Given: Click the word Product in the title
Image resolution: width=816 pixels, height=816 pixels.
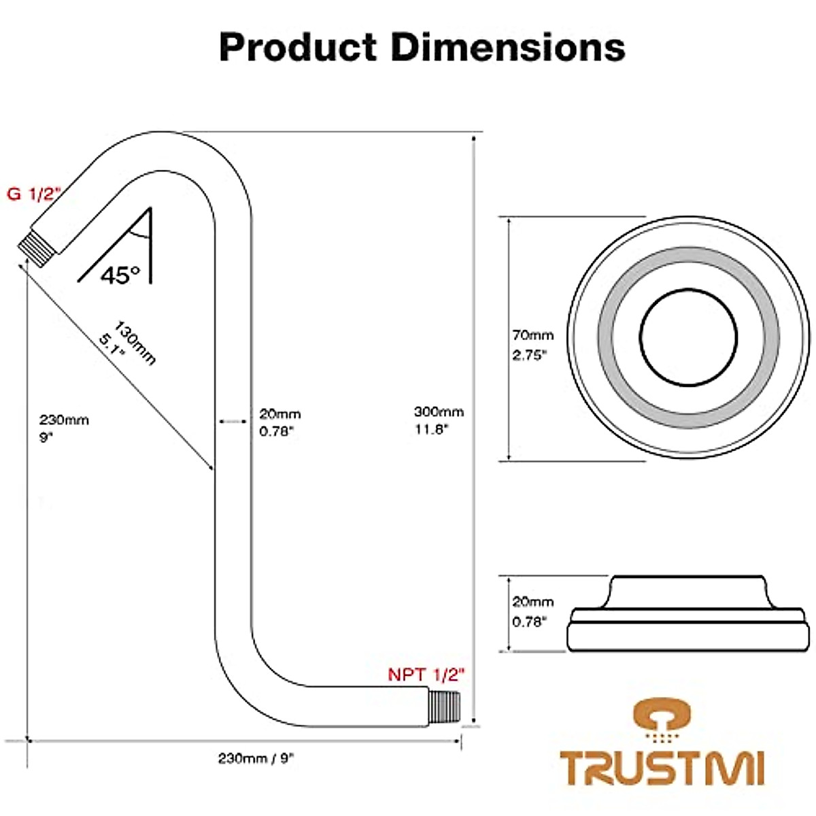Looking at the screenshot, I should tap(298, 48).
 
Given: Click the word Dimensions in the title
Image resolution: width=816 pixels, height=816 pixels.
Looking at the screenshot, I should tap(509, 48).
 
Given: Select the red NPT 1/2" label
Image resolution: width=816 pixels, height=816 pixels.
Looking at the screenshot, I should tap(426, 675).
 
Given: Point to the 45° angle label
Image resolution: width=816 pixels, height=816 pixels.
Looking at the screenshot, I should tap(120, 275).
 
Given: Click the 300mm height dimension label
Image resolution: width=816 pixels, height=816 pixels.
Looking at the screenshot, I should tap(439, 411).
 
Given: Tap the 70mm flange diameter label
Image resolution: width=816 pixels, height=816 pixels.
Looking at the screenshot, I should tap(532, 335).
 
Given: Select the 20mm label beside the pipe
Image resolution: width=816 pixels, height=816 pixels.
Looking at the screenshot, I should tap(279, 413).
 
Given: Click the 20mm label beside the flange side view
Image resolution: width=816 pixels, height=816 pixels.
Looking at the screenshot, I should tap(532, 602).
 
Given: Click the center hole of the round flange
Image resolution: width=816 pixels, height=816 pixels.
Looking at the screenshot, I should tap(688, 338).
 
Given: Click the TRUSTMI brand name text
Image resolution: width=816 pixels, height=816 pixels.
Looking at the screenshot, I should tap(662, 768).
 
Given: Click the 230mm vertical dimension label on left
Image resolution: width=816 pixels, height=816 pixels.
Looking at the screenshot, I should tap(63, 420).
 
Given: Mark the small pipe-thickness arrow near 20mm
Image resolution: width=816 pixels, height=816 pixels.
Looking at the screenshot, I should tap(232, 422).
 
